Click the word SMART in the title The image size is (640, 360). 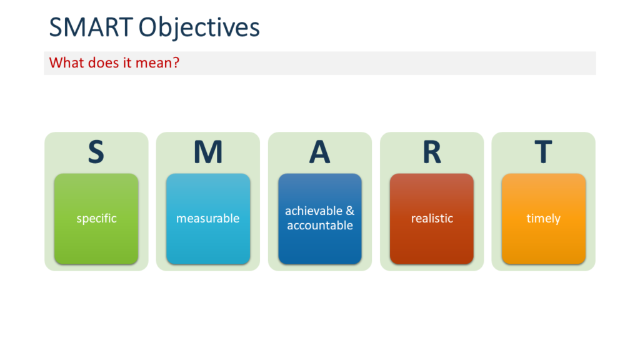[x=91, y=27]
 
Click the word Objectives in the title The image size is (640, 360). [x=199, y=28]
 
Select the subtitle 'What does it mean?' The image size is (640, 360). [x=114, y=63]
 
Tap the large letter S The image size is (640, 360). [x=96, y=152]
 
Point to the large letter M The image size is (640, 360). [x=207, y=152]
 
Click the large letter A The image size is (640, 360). [x=319, y=152]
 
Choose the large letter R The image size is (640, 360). [x=431, y=152]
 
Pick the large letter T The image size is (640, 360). [x=543, y=152]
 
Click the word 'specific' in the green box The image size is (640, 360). [x=96, y=219]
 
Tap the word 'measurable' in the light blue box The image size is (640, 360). [x=207, y=219]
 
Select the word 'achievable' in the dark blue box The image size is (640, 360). [x=313, y=211]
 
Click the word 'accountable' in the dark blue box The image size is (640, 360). [x=320, y=226]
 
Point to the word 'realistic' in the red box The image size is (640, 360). [x=432, y=219]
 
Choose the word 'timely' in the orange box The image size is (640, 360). [x=543, y=219]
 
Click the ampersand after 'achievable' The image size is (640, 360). [x=349, y=211]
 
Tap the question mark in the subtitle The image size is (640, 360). [x=176, y=63]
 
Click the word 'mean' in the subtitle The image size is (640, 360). [x=157, y=63]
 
